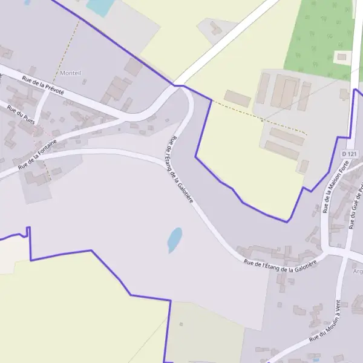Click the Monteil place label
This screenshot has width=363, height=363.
click(x=71, y=73)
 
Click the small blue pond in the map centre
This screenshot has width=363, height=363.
click(x=174, y=239)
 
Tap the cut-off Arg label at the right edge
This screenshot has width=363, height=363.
click(x=358, y=271)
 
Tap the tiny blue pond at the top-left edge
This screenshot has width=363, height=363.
click(x=27, y=2)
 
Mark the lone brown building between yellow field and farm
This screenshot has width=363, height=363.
click(x=237, y=99)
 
